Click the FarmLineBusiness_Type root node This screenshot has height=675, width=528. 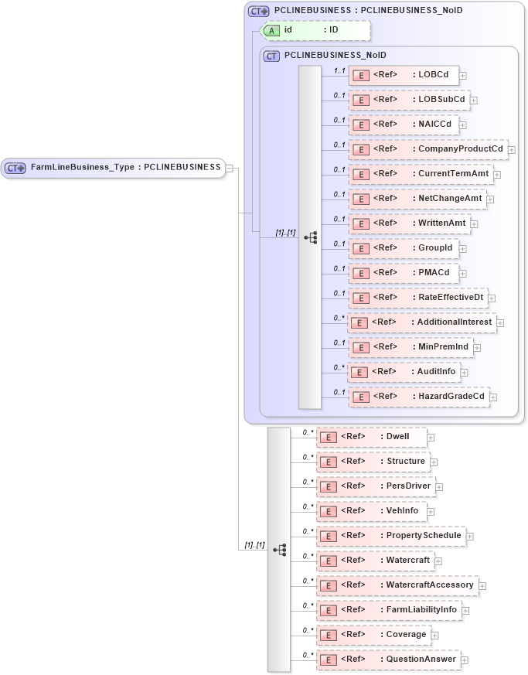point(114,167)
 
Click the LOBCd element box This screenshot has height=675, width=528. point(404,75)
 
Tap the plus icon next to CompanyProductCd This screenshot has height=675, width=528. point(512,149)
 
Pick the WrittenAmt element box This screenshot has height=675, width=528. point(410,223)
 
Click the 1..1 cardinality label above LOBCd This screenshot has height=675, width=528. point(339,70)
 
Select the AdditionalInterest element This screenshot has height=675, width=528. point(421,322)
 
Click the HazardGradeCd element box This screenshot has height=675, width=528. point(419,397)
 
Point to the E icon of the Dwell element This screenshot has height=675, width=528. point(328,438)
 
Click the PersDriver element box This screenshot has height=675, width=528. point(375,486)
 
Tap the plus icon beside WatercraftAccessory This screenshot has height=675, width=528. point(482,586)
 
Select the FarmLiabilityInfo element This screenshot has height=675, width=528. point(390,610)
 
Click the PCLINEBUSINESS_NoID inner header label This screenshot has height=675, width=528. point(335,56)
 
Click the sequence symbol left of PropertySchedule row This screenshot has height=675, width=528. point(279,549)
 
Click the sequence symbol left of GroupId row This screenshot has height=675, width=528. point(310,237)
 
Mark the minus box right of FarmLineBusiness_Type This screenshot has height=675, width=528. point(230,168)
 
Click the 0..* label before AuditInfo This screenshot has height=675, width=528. point(339,367)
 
